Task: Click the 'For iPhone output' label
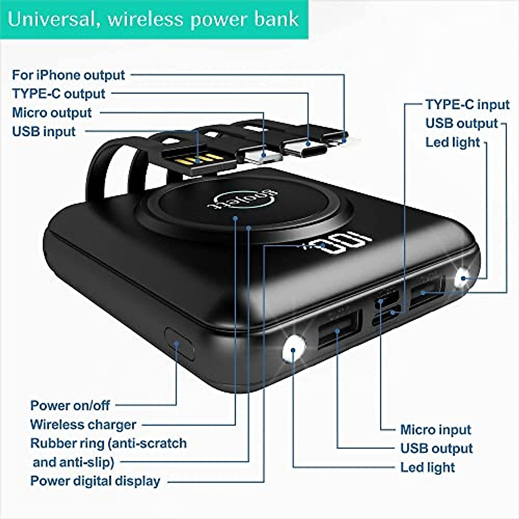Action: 68,75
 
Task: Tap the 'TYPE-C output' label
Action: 58,94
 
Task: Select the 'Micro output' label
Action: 52,113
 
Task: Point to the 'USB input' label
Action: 44,131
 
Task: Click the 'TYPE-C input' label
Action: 468,105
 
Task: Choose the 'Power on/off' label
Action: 70,406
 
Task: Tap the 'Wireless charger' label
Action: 83,425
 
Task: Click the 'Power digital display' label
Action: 95,481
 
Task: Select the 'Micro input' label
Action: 436,430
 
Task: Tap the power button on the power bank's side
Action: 179,343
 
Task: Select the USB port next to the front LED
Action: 339,329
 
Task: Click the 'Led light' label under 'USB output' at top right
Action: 452,142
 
